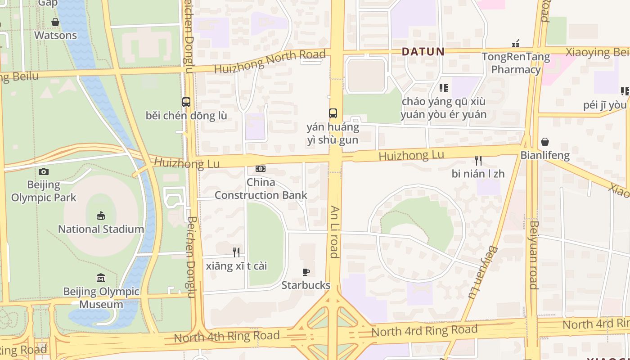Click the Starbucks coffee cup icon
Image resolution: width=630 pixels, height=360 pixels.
306,272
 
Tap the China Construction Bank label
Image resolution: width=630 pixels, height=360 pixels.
261,189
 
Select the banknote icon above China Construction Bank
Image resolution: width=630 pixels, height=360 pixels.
261,169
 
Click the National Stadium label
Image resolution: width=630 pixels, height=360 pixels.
101,229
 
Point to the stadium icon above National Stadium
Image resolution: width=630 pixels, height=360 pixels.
101,216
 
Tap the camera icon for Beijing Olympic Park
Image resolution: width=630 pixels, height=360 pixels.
44,171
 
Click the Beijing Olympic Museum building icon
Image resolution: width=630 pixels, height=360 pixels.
101,278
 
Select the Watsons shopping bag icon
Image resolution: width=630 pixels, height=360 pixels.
55,22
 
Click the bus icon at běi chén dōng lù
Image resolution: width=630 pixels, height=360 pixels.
186,102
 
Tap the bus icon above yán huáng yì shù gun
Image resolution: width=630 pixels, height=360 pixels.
333,113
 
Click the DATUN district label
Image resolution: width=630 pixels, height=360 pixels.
423,52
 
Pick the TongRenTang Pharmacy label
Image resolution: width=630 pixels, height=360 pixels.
516,63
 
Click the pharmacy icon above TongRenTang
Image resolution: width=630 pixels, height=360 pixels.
516,44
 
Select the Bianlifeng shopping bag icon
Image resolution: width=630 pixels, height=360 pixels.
545,142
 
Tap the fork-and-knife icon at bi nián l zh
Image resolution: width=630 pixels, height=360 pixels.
478,161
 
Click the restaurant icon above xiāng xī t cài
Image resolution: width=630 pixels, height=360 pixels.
236,252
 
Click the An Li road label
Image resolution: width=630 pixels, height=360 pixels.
334,232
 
